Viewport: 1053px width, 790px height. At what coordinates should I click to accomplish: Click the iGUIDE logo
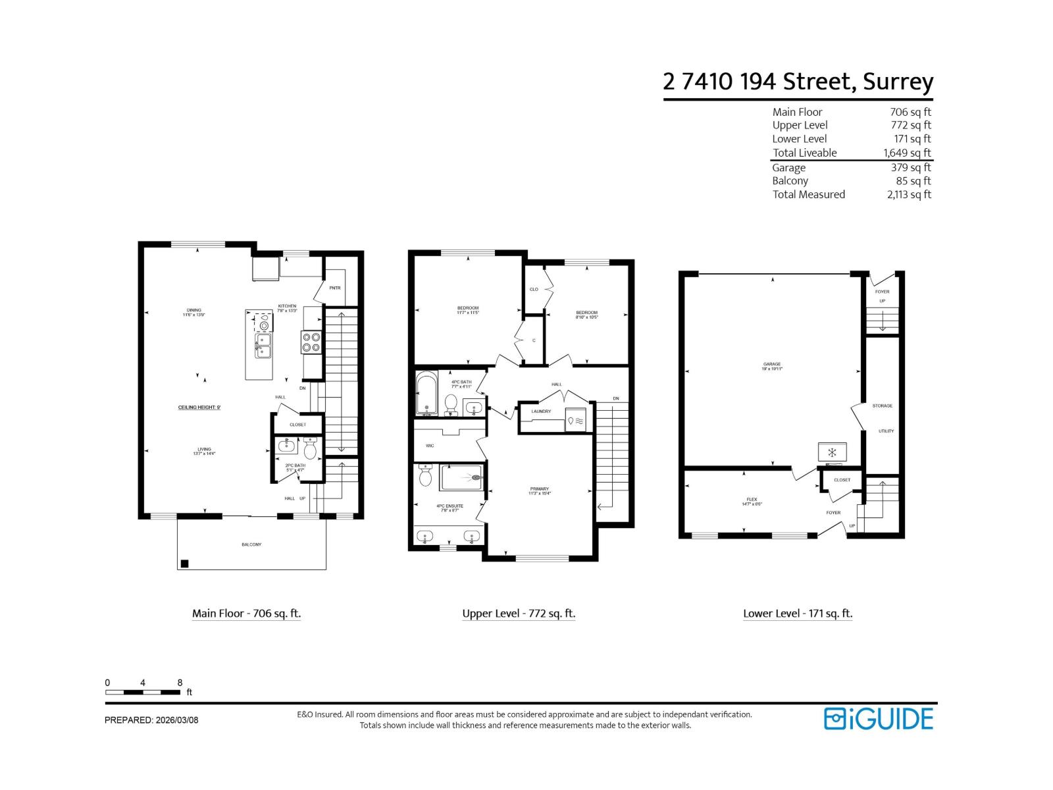click(x=879, y=718)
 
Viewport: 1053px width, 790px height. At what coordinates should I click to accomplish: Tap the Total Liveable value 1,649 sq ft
click(x=907, y=153)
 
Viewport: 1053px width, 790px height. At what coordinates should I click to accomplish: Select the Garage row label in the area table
click(x=788, y=167)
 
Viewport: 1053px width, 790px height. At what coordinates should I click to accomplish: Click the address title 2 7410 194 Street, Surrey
click(x=798, y=82)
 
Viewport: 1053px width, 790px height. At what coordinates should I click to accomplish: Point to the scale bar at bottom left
click(x=143, y=692)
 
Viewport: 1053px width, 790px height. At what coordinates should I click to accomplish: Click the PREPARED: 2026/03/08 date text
click(x=151, y=720)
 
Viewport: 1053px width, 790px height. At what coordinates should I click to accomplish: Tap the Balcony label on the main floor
click(x=251, y=544)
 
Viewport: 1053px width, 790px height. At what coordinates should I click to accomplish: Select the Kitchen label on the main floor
click(x=287, y=306)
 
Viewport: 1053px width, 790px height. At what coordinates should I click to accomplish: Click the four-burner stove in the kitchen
click(x=311, y=342)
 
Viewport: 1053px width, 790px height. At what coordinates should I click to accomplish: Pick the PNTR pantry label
click(x=335, y=288)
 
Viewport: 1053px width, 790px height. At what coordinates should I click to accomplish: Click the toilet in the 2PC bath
click(x=310, y=450)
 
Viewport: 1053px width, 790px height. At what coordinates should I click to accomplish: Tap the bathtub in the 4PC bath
click(x=426, y=393)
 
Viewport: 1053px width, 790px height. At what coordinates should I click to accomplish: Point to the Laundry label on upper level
click(x=541, y=411)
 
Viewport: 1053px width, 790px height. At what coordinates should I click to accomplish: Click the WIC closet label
click(x=430, y=446)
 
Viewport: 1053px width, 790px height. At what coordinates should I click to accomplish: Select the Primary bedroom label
click(x=539, y=489)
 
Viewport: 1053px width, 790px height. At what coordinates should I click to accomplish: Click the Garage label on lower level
click(x=772, y=364)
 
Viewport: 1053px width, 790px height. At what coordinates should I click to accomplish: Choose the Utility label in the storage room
click(x=886, y=431)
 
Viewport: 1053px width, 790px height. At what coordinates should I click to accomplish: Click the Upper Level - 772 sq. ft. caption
click(x=519, y=614)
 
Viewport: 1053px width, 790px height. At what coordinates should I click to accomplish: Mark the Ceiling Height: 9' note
click(x=199, y=408)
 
